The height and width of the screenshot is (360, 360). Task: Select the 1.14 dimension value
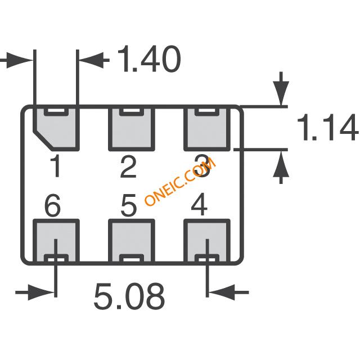click(326, 128)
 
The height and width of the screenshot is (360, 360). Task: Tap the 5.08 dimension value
click(129, 296)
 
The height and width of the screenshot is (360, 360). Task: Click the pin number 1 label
click(56, 167)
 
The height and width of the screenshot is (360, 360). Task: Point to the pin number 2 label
click(128, 167)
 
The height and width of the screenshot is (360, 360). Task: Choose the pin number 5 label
click(129, 206)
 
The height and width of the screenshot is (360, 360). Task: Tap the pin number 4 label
click(199, 206)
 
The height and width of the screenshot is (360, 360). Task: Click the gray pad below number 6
click(56, 241)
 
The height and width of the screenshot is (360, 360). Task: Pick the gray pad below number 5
click(130, 241)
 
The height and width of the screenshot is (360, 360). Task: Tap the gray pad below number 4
click(208, 241)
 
